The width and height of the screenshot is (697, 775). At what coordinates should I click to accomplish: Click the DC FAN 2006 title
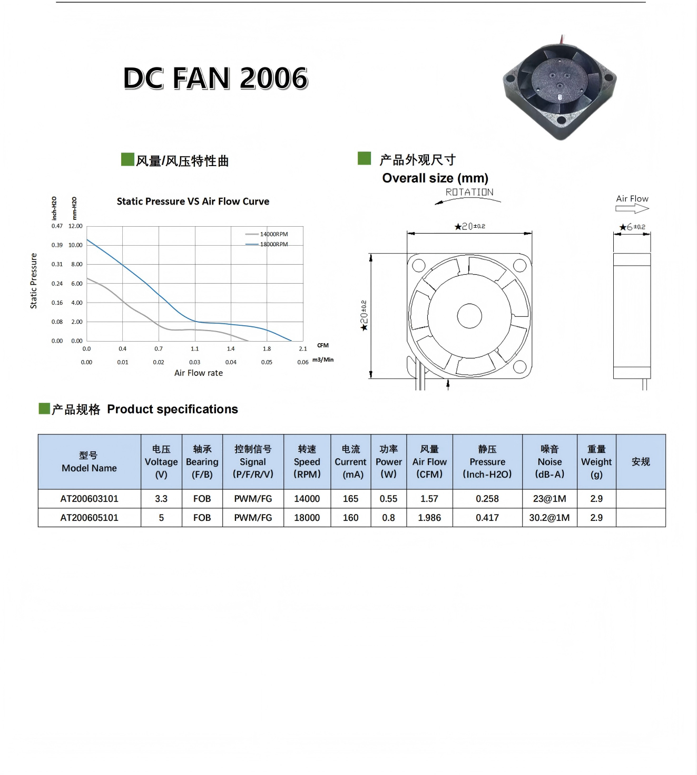tap(215, 79)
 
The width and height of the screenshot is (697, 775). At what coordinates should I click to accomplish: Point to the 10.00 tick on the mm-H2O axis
tap(75, 245)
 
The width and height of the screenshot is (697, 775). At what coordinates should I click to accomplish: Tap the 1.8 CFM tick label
tap(267, 348)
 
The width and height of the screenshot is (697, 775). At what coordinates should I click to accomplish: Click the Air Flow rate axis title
tap(199, 373)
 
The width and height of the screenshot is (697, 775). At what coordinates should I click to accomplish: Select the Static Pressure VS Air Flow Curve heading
tap(193, 201)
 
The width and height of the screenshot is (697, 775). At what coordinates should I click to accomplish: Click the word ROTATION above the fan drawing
tap(469, 192)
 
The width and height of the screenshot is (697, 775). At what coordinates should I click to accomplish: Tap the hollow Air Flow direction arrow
tap(632, 209)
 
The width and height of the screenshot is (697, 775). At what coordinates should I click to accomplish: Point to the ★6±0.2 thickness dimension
tap(632, 227)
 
